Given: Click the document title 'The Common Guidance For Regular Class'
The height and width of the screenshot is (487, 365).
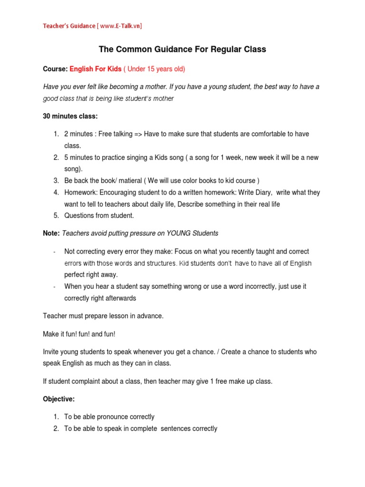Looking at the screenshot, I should click(x=182, y=49).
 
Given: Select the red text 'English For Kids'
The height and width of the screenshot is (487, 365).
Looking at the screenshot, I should click(x=96, y=69).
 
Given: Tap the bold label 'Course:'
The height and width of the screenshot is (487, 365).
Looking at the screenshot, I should click(x=56, y=69).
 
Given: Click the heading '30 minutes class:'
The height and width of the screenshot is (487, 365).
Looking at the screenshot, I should click(x=70, y=116).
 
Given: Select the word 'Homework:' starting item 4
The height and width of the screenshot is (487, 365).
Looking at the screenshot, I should click(x=80, y=193).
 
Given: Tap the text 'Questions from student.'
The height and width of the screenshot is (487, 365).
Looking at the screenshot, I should click(x=99, y=216).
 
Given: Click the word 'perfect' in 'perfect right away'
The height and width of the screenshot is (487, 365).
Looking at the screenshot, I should click(x=75, y=274).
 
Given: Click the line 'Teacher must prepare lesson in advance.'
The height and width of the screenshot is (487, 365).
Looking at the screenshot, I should click(x=103, y=316).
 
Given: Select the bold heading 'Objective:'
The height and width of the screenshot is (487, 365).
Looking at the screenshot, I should click(x=59, y=399).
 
